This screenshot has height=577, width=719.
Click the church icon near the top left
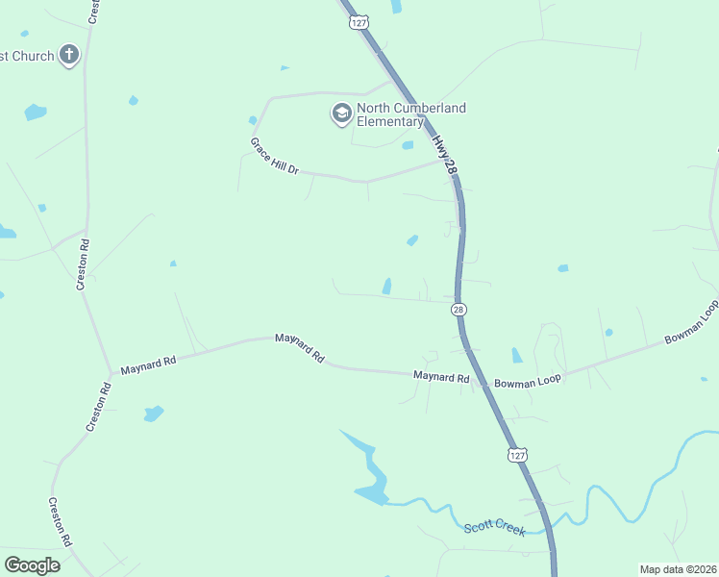point(68,55)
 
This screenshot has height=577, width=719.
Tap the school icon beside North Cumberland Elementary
point(341,114)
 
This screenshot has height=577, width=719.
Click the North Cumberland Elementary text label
point(410,114)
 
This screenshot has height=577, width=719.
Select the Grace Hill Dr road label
point(275,156)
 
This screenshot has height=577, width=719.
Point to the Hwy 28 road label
point(444,154)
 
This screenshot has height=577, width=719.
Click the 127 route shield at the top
point(358,21)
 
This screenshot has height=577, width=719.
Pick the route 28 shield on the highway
point(459,310)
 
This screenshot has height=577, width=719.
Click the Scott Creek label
point(495,528)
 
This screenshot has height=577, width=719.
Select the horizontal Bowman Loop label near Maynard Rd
point(527,382)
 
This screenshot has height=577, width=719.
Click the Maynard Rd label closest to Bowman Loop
point(441,377)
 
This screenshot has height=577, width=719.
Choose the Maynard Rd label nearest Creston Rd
point(148,364)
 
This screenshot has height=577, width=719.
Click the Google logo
point(32,565)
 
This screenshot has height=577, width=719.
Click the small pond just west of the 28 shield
point(386,286)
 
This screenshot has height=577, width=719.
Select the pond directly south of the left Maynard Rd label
point(153,414)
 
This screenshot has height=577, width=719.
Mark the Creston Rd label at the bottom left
point(61,522)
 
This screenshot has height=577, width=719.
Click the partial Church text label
point(27,56)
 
